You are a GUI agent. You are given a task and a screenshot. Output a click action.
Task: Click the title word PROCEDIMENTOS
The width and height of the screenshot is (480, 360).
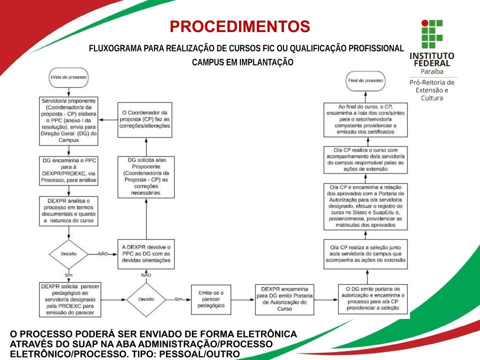tap(239, 26)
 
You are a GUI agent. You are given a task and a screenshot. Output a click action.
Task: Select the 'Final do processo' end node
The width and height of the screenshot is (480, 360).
tap(365, 80)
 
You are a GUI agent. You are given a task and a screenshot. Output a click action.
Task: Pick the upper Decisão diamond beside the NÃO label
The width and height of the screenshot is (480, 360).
tap(68, 253)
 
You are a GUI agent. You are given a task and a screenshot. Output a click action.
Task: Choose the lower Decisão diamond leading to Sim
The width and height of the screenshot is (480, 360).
tap(146, 299)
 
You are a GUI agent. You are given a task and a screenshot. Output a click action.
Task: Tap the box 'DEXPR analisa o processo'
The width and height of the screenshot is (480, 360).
tap(68, 210)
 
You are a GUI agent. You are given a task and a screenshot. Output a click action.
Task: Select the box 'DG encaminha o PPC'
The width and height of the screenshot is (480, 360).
tap(68, 170)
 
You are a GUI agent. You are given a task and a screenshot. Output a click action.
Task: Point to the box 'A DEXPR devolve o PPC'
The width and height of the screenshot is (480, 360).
tap(146, 253)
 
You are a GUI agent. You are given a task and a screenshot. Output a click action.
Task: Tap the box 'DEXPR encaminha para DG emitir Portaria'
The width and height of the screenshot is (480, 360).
tap(284, 299)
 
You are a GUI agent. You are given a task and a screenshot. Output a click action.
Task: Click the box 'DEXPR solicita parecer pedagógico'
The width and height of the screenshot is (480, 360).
tap(68, 299)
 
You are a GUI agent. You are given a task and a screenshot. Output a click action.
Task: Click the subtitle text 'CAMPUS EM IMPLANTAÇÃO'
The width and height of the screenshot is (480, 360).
tap(242, 62)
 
